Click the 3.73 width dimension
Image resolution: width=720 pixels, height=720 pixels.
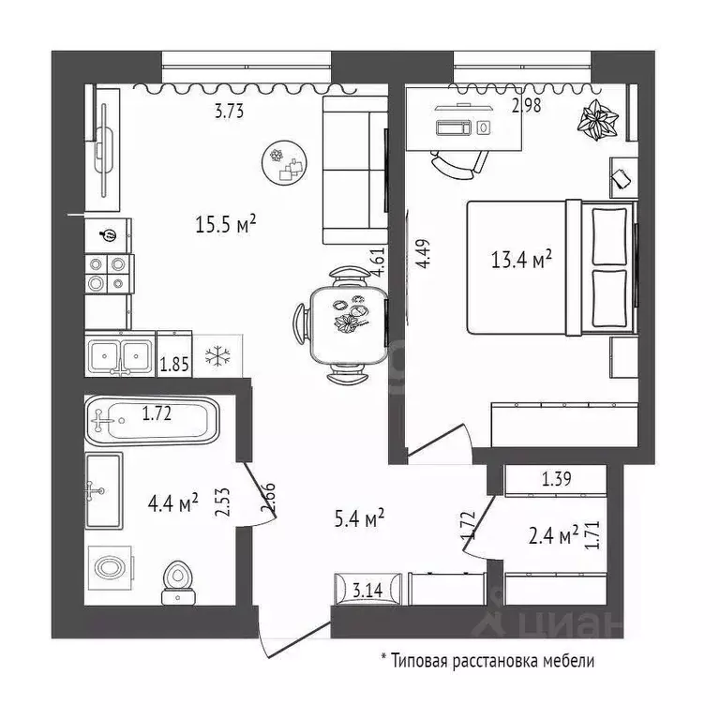coord(230,112)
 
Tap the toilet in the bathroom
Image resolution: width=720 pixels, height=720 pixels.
coord(175,581)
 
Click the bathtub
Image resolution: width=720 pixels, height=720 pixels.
coord(152,420)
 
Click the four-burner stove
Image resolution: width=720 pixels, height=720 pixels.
coord(107,272)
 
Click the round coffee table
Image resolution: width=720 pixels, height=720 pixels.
coord(283,164)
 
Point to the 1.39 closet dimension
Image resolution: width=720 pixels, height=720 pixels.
coord(557,480)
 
